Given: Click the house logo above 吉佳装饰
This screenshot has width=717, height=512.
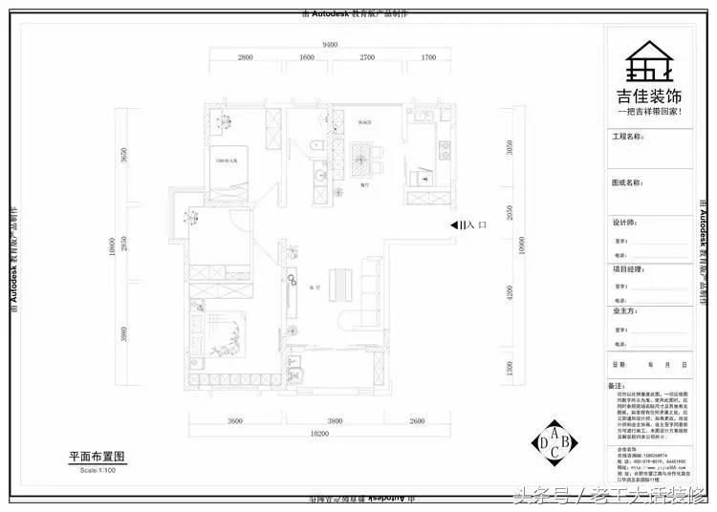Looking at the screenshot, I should [x=654, y=63].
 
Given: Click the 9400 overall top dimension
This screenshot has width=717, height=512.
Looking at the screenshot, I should [x=330, y=45].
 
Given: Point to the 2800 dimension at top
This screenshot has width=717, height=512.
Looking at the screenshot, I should [x=245, y=58].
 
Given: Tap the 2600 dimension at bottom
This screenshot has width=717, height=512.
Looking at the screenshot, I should [x=416, y=420].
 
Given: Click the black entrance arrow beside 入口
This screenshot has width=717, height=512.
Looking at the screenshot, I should [x=457, y=225].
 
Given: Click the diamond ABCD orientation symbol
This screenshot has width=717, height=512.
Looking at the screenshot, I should [x=554, y=440].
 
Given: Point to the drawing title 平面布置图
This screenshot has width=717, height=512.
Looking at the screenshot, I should [x=98, y=458].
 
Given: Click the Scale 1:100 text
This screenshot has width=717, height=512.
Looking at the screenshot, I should [x=97, y=470].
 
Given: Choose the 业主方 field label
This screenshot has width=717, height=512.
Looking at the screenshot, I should [x=623, y=310].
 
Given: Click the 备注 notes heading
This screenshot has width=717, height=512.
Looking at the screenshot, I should [x=617, y=386].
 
